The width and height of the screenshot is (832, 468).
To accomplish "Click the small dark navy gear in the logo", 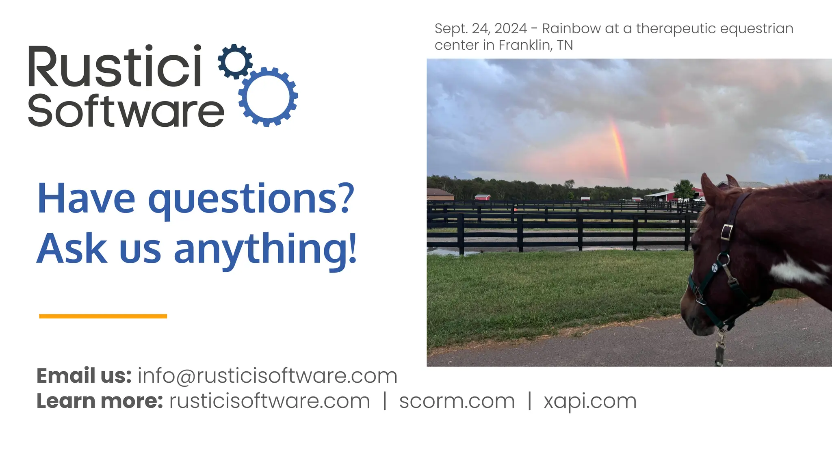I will [x=235, y=61].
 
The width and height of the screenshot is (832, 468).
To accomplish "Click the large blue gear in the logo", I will [x=268, y=97].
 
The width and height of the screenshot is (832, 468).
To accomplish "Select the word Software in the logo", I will [x=126, y=110].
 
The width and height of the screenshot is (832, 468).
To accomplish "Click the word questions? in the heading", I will [x=251, y=199].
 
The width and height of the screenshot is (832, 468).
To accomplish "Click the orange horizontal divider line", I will [x=103, y=316].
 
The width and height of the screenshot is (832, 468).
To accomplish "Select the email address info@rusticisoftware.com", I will [x=267, y=376].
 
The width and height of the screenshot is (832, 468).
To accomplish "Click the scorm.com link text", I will [x=457, y=401].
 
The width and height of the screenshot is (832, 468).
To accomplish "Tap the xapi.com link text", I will [x=590, y=401].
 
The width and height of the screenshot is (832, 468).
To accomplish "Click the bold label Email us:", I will [x=84, y=376].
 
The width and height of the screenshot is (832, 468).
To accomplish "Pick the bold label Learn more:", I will [x=100, y=401].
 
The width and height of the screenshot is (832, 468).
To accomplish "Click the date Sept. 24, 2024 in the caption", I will [x=481, y=28].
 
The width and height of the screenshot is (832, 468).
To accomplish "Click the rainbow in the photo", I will [x=620, y=150].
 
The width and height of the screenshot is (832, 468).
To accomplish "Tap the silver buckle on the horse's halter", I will [x=726, y=232].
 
